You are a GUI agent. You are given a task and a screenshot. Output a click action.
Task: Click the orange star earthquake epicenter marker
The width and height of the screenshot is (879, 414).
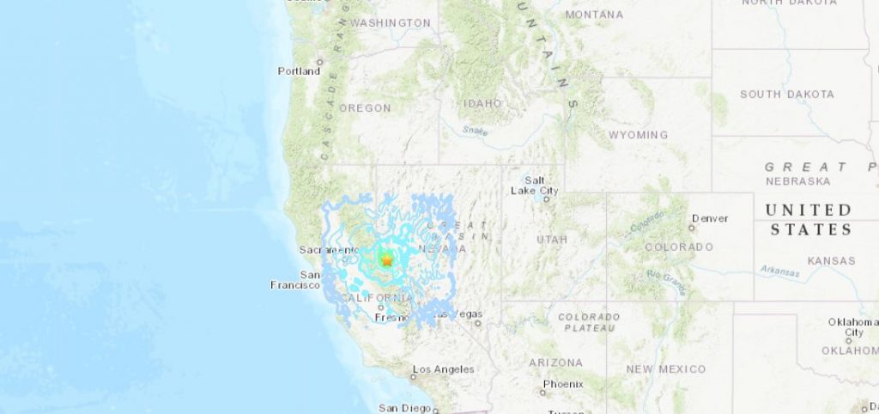[x=386, y=259]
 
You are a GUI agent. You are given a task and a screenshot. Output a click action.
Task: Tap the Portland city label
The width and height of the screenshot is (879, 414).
[x=299, y=71]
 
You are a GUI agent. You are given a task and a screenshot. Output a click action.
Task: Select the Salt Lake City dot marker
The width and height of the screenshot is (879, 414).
[x=546, y=199]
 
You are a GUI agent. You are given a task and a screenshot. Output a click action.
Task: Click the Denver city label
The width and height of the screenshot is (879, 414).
[x=710, y=219]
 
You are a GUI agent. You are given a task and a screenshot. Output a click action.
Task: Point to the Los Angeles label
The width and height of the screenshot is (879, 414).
[x=443, y=369]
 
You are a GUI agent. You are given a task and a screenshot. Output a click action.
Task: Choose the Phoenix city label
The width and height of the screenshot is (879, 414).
[x=562, y=384]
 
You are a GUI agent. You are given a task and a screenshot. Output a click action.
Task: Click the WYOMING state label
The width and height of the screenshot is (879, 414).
[x=638, y=135]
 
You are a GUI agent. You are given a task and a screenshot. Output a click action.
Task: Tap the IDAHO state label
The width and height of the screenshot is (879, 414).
[x=482, y=103]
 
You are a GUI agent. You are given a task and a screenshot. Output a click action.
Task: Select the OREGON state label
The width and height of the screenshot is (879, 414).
[x=365, y=108]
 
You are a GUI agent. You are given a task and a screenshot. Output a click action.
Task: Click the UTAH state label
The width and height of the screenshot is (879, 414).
[x=552, y=239]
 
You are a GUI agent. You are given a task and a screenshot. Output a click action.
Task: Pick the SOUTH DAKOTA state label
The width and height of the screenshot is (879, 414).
[x=786, y=94]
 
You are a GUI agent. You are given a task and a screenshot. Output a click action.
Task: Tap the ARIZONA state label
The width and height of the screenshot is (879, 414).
[x=555, y=362]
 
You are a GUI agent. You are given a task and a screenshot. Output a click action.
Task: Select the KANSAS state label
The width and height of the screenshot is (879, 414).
[x=831, y=260]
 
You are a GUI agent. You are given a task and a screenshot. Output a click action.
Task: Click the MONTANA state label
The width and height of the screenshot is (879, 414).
[x=594, y=15]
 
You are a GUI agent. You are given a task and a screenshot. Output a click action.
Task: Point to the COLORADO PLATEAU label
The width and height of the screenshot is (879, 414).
[x=589, y=322]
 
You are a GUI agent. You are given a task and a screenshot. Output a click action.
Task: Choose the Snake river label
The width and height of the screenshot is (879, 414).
[x=475, y=131]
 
